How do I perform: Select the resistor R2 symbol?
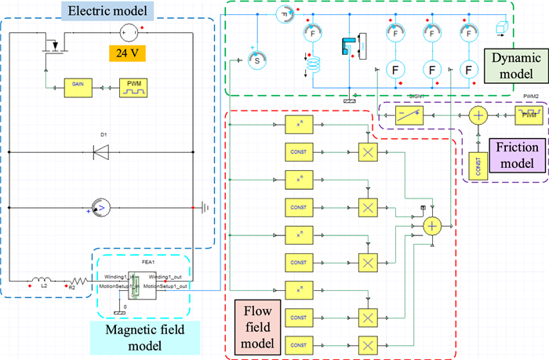[75, 279]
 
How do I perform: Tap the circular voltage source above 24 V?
[129, 32]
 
